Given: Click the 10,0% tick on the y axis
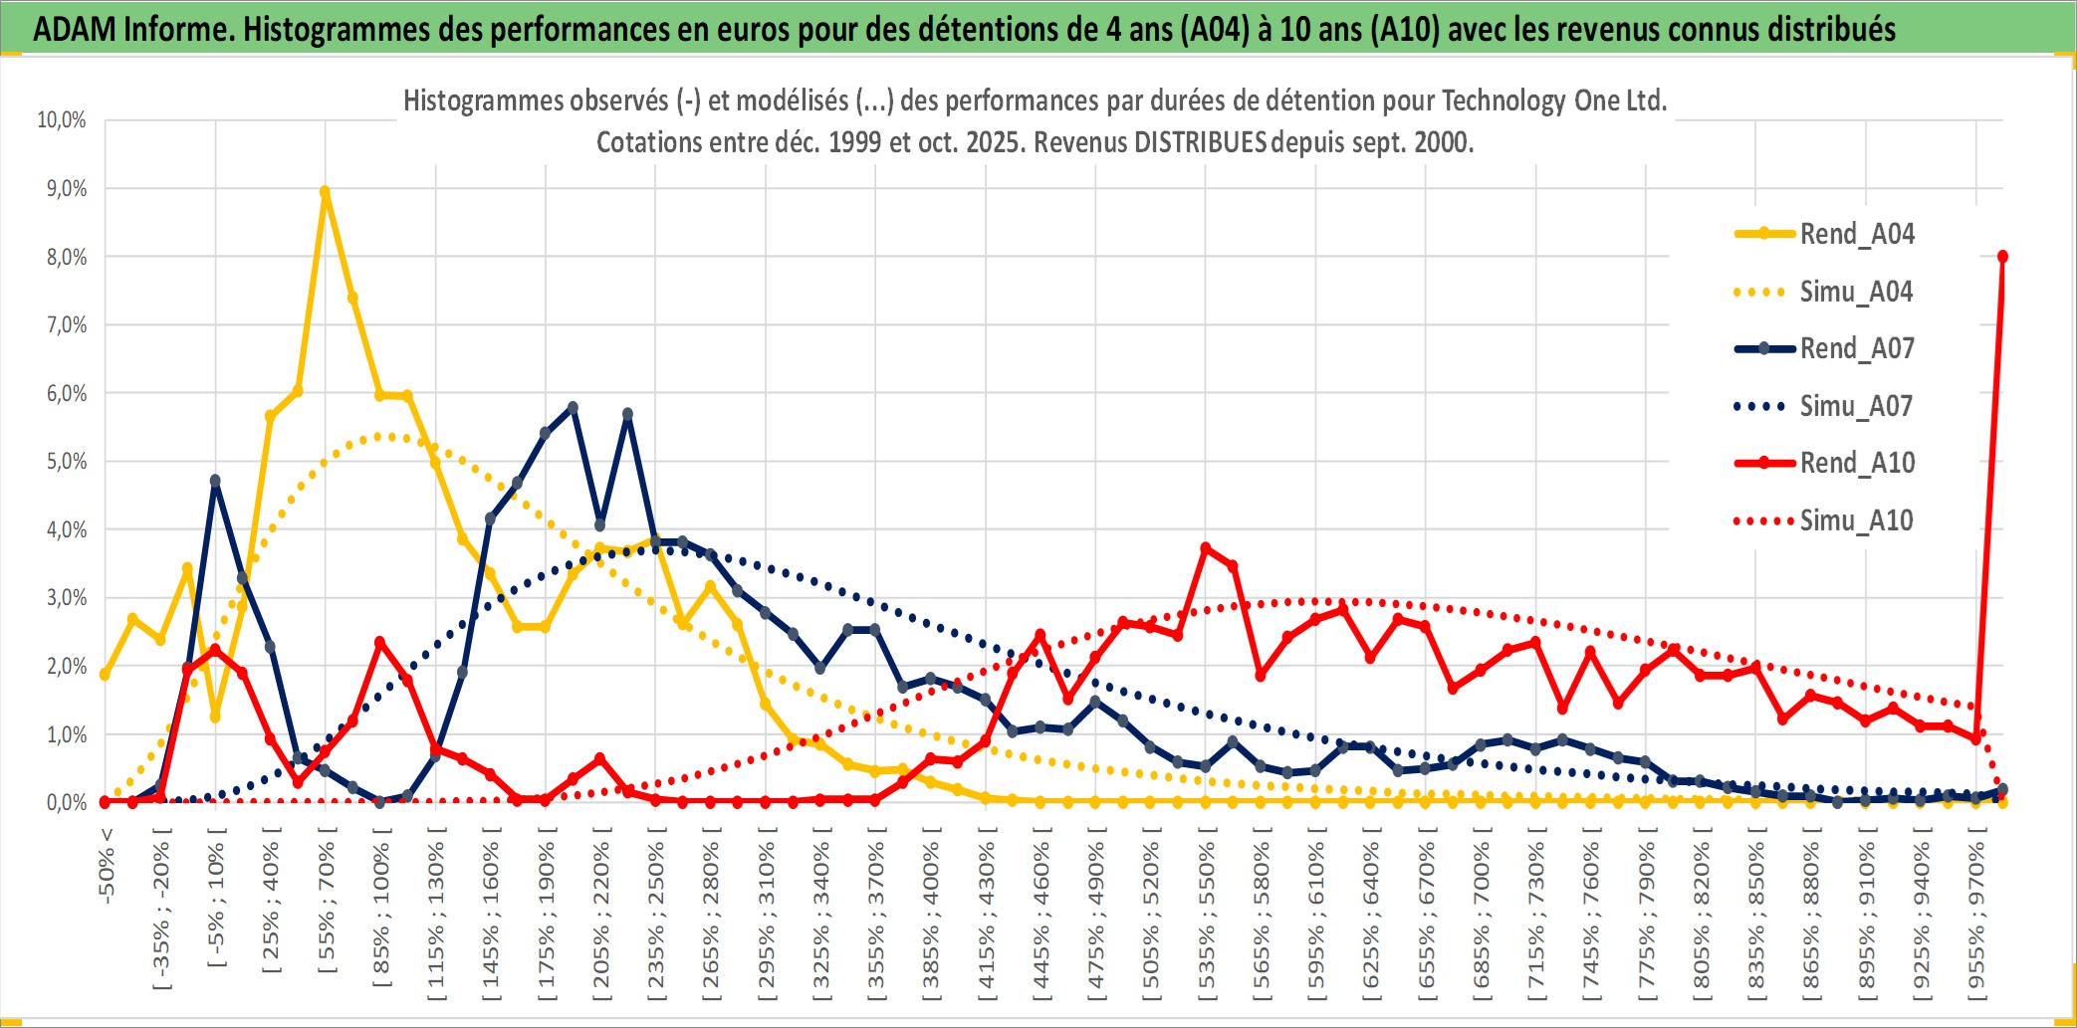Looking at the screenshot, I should pyautogui.click(x=62, y=120).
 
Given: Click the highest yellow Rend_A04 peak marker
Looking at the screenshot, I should pyautogui.click(x=325, y=191).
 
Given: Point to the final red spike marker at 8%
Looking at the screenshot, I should pyautogui.click(x=2002, y=257).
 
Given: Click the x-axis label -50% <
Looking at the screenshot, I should pyautogui.click(x=107, y=866).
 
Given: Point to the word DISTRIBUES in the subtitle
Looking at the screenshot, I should pyautogui.click(x=1199, y=142).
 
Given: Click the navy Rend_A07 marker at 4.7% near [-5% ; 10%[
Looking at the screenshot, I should pyautogui.click(x=215, y=481).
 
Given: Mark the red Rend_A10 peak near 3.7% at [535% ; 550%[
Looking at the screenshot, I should pyautogui.click(x=1206, y=548).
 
